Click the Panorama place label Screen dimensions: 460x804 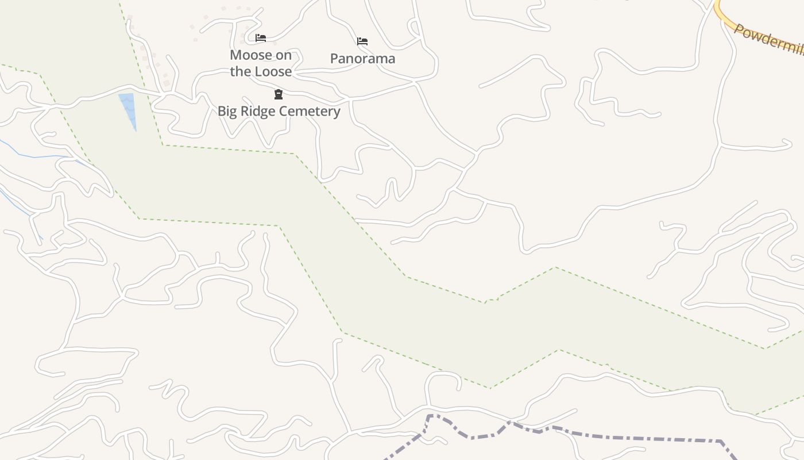pyautogui.click(x=362, y=59)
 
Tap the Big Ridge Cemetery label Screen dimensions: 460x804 pyautogui.click(x=279, y=111)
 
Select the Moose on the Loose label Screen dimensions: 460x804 pyautogui.click(x=261, y=63)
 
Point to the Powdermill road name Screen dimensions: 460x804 pyautogui.click(x=770, y=39)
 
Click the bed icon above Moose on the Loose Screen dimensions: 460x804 pyautogui.click(x=261, y=39)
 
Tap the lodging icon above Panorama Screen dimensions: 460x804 pyautogui.click(x=362, y=41)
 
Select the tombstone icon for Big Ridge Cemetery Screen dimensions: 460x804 pyautogui.click(x=279, y=94)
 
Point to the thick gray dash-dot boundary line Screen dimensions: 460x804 pyautogui.click(x=632, y=438)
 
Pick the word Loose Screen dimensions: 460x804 pyautogui.click(x=273, y=72)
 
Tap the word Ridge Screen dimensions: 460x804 pyautogui.click(x=256, y=111)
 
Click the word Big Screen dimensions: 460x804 pyautogui.click(x=228, y=111)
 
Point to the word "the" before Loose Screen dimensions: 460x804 pyautogui.click(x=241, y=72)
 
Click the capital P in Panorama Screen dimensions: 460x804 pyautogui.click(x=335, y=59)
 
